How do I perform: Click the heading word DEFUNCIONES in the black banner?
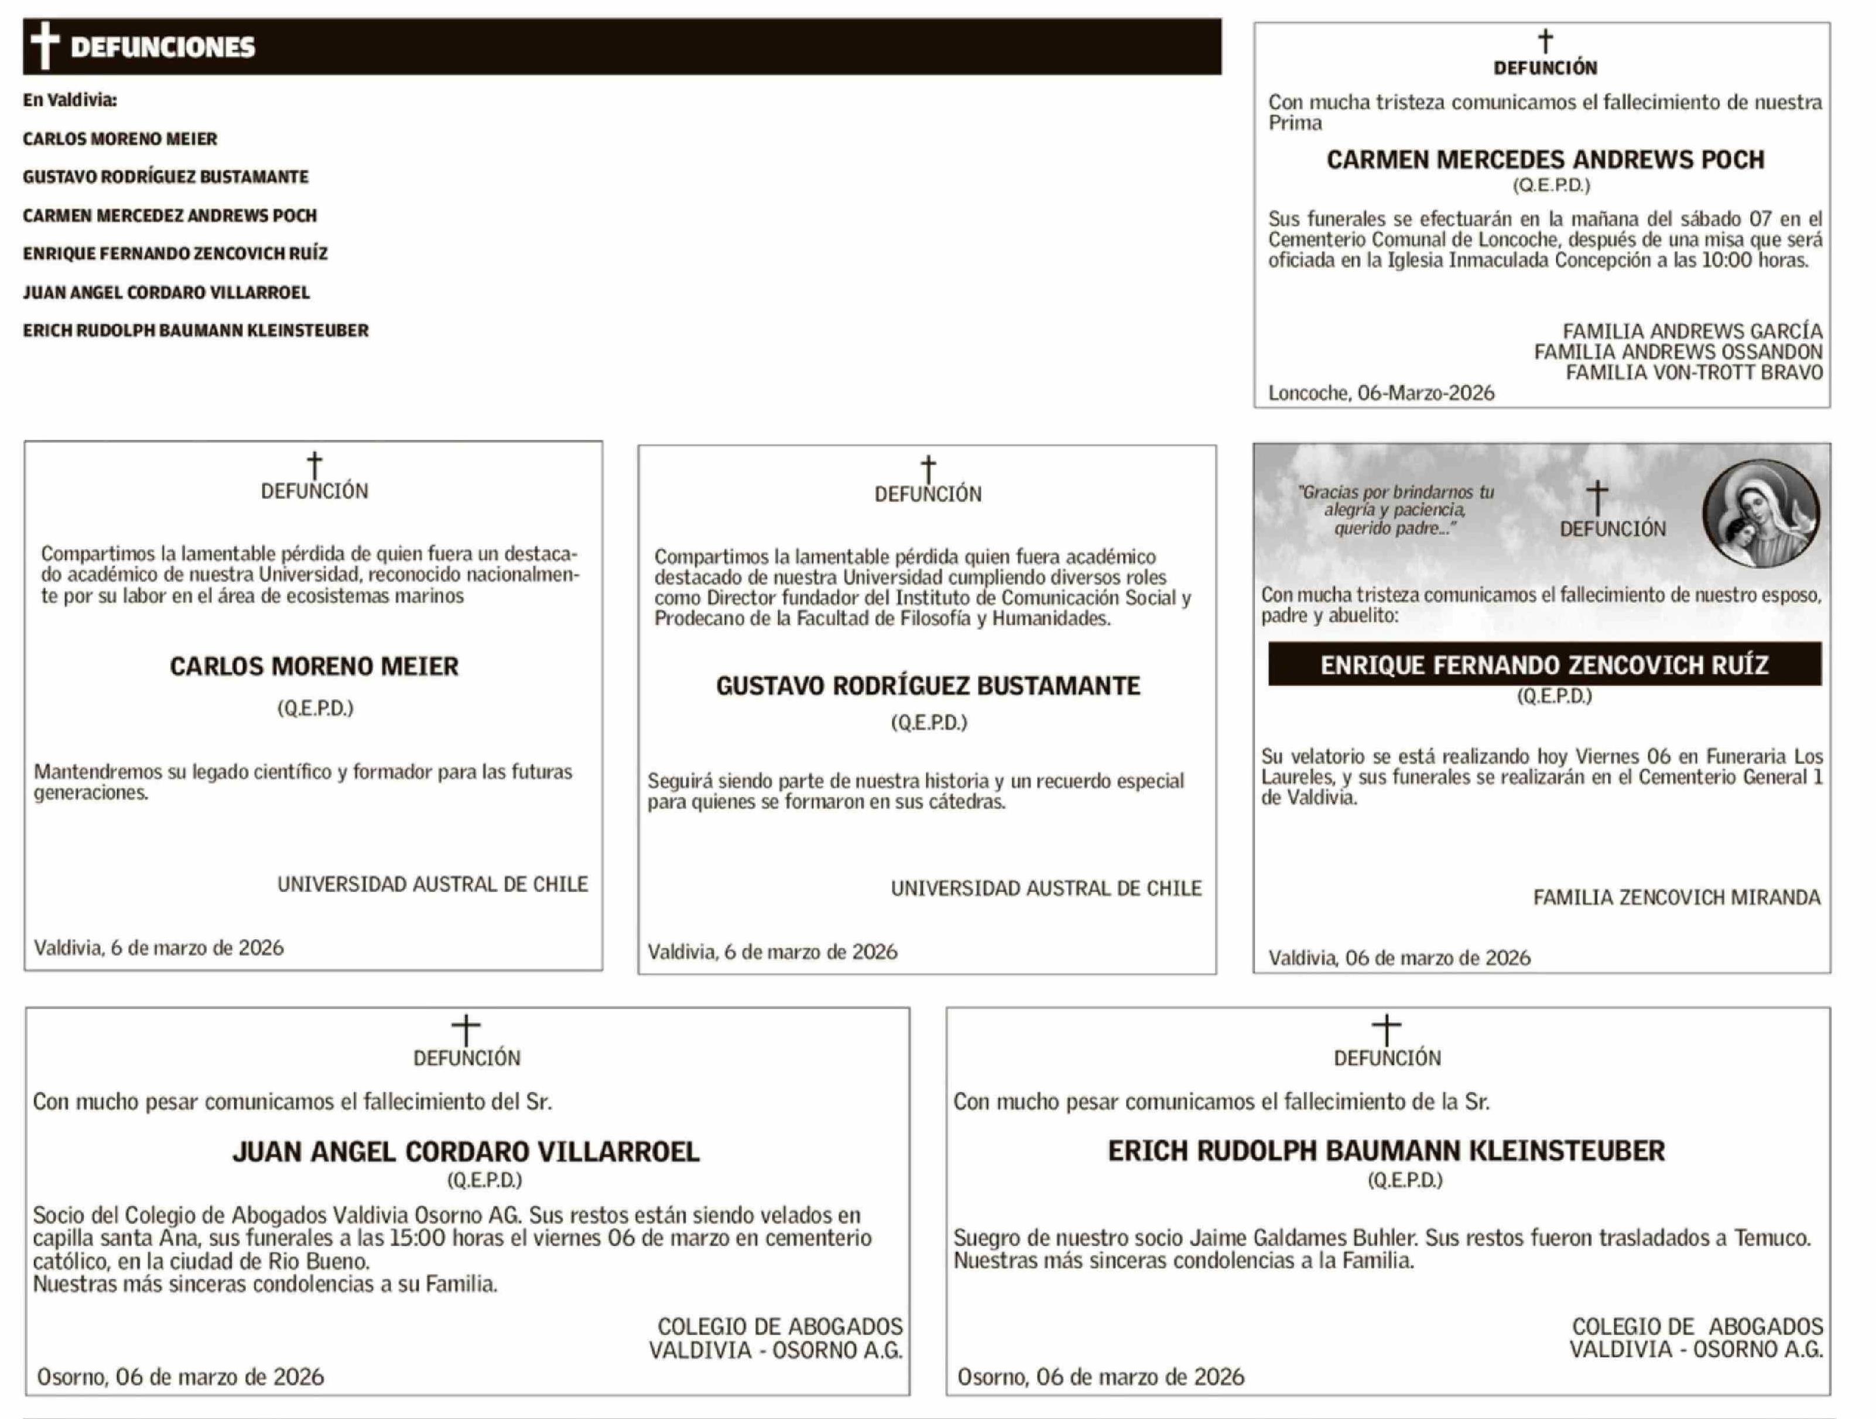tap(163, 47)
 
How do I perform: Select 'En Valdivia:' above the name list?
tap(70, 100)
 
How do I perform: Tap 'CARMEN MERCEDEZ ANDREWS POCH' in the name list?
tap(170, 215)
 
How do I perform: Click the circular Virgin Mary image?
tap(1761, 513)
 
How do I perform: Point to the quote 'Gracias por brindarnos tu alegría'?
tap(1396, 501)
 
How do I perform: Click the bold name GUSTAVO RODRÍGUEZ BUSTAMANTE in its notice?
tap(928, 686)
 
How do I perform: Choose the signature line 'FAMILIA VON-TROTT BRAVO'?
tap(1694, 372)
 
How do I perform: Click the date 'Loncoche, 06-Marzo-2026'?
tap(1381, 393)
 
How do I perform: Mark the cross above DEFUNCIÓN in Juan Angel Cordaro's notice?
tap(465, 1030)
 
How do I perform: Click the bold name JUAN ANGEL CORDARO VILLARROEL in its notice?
tap(467, 1152)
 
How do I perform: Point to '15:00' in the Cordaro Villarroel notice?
tap(417, 1238)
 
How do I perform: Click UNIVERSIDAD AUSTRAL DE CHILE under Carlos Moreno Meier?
tap(433, 884)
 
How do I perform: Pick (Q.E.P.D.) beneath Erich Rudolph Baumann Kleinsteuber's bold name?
tap(1405, 1180)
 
